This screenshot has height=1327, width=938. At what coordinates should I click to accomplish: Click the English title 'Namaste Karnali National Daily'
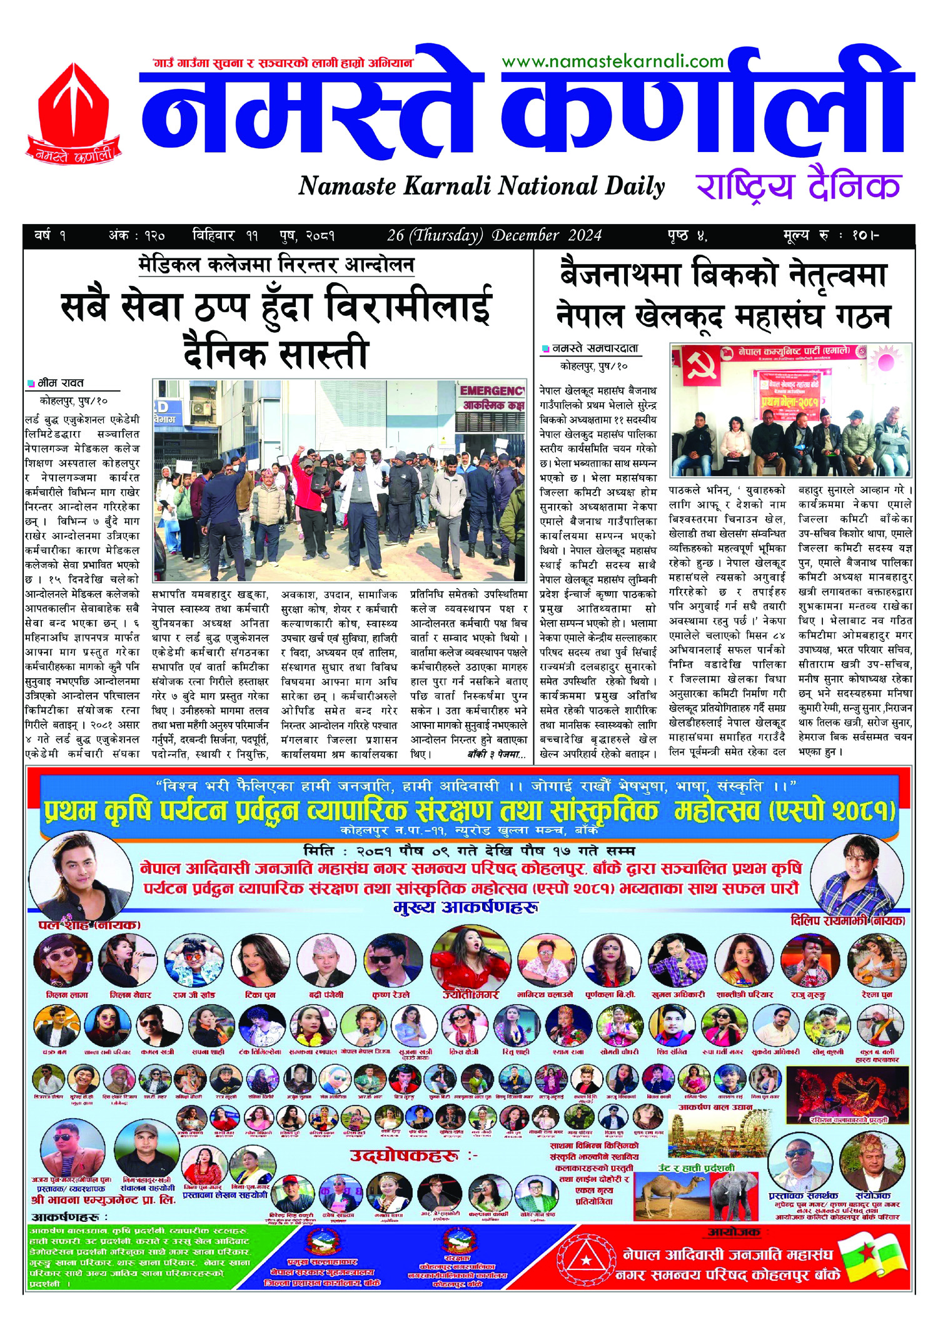482,186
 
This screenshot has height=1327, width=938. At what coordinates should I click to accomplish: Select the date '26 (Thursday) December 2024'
494,235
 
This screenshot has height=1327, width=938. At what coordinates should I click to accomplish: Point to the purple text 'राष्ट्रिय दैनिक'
798,186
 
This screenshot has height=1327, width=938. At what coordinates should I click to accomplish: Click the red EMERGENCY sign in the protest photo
492,391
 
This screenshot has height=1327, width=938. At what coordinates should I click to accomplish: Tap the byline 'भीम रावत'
61,383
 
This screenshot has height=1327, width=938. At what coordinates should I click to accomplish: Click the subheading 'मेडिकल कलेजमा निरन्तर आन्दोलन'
276,265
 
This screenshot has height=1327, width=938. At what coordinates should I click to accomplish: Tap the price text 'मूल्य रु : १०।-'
831,235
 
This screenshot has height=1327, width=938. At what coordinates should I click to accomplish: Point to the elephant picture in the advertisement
729,1194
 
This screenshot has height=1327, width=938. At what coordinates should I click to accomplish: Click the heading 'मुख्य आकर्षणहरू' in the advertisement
466,907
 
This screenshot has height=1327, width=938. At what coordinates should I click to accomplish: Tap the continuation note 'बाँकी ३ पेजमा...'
497,755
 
